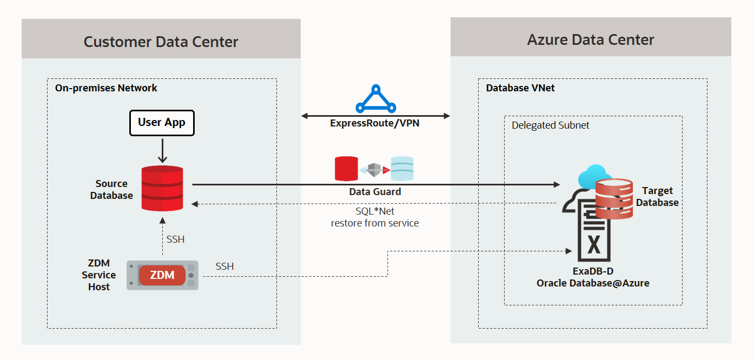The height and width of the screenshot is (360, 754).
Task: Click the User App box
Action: click(162, 123)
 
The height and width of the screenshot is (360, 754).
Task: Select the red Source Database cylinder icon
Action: click(162, 188)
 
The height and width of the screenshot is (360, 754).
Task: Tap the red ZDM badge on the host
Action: click(162, 275)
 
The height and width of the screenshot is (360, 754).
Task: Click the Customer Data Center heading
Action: click(161, 42)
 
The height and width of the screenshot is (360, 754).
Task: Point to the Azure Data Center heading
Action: click(591, 39)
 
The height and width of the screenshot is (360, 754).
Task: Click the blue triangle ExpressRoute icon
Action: click(376, 98)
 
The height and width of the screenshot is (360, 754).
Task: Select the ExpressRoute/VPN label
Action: click(375, 123)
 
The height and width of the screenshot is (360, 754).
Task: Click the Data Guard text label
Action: click(375, 191)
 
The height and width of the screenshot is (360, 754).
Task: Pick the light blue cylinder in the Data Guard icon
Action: click(402, 169)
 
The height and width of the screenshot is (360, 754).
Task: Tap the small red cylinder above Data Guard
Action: click(346, 169)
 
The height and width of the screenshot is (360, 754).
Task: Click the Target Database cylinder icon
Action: click(613, 199)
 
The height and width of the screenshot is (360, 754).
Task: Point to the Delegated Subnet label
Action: click(550, 125)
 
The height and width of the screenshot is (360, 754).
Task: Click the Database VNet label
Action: click(520, 88)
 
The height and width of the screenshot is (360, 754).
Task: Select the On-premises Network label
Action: click(106, 88)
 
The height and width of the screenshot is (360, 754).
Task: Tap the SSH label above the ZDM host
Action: click(175, 239)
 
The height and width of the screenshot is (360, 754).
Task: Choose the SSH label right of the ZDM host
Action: click(224, 266)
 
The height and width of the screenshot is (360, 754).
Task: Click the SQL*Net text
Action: click(375, 211)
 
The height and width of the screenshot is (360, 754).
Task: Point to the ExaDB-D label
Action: click(593, 271)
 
